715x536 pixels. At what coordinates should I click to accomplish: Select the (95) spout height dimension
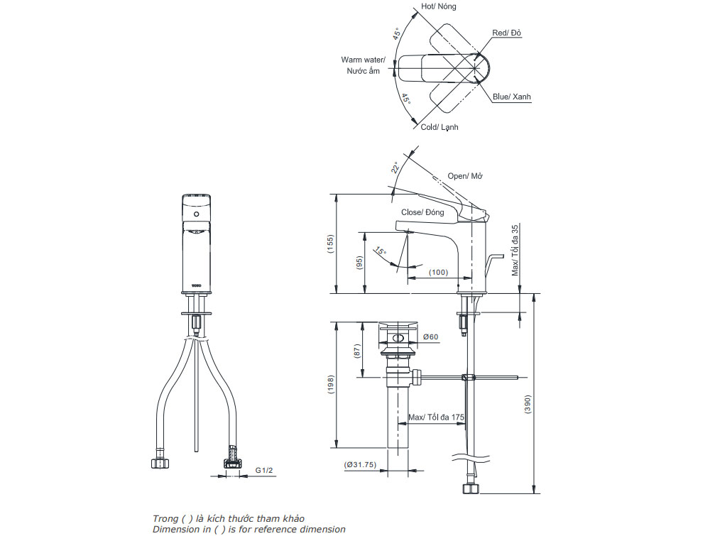click(x=360, y=262)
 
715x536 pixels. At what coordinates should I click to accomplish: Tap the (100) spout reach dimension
click(x=438, y=273)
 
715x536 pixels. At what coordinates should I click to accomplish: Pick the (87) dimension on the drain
click(x=360, y=350)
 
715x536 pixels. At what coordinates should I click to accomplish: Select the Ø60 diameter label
click(x=430, y=337)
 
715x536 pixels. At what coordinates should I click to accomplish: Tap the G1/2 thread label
click(x=263, y=470)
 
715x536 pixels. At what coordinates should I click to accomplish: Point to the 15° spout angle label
click(x=381, y=253)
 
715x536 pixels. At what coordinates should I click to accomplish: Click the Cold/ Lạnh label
click(x=440, y=127)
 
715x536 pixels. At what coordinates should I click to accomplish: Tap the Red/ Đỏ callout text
click(x=507, y=33)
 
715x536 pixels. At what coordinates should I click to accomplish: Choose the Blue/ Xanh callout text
click(x=512, y=97)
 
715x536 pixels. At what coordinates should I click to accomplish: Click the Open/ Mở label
click(x=465, y=176)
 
